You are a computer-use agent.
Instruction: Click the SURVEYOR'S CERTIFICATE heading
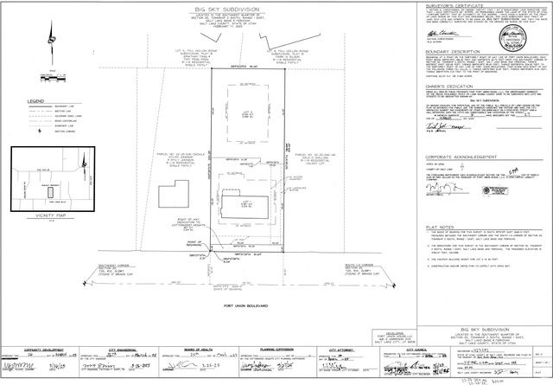[x=468, y=6]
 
